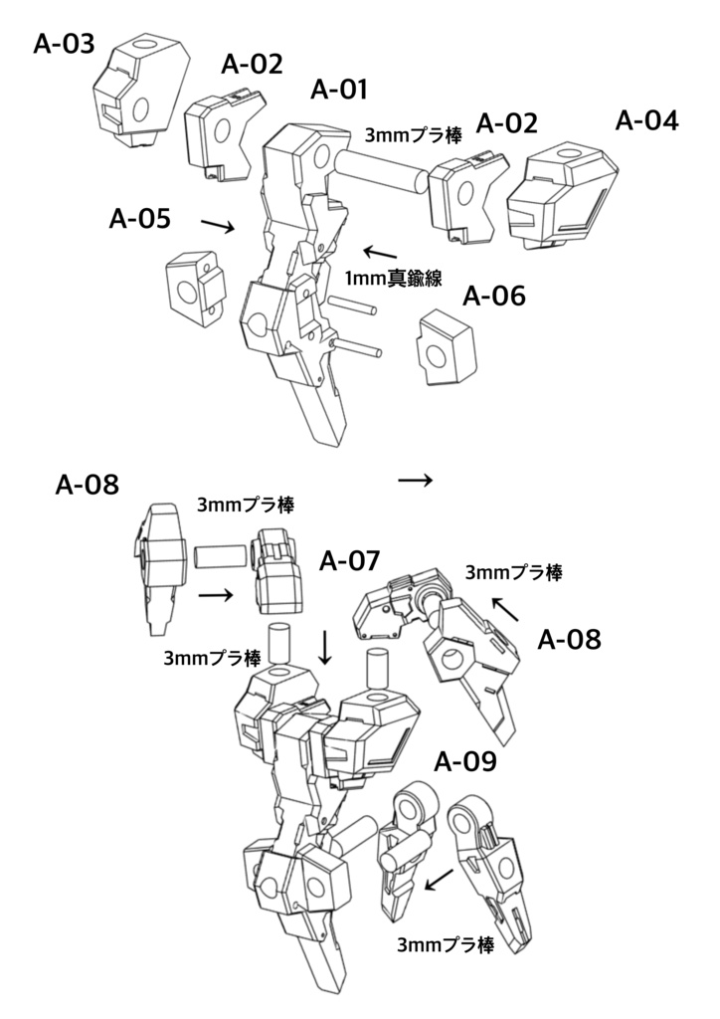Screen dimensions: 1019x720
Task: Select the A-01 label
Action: point(340,90)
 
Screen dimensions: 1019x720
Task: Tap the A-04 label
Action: point(647,120)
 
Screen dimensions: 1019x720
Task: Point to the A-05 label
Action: point(139,218)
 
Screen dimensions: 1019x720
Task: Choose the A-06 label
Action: point(494,296)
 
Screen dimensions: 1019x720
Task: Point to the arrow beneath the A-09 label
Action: point(439,880)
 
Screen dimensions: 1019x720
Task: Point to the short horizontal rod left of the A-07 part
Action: point(219,555)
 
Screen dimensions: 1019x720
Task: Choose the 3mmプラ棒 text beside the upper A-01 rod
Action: point(414,134)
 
